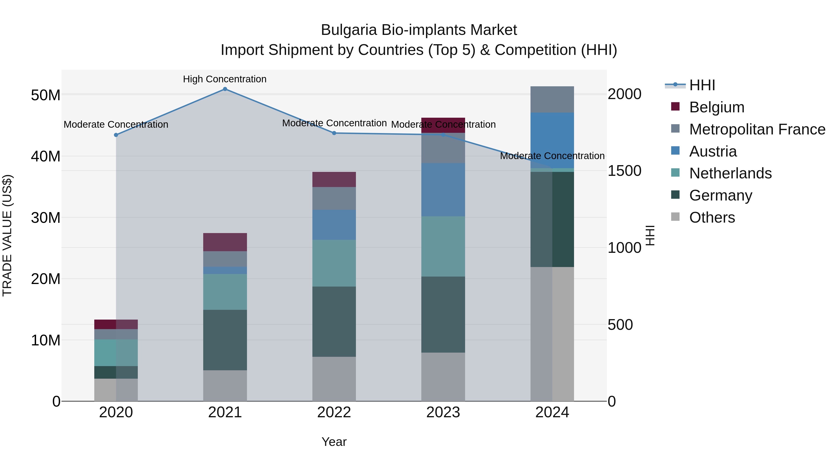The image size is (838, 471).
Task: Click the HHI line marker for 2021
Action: tap(225, 89)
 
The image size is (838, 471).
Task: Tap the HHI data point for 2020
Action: tap(116, 135)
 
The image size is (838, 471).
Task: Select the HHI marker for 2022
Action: tap(334, 133)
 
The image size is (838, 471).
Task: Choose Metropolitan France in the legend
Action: tap(757, 129)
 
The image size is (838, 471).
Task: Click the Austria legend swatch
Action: tap(675, 151)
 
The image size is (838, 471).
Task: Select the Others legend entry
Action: tap(712, 217)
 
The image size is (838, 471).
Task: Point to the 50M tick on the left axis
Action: tap(46, 95)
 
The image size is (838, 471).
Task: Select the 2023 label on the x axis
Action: tap(443, 412)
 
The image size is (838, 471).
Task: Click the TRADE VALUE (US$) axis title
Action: tap(7, 235)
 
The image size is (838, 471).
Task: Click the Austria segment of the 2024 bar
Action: tap(552, 140)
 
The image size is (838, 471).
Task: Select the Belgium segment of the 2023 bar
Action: tap(443, 125)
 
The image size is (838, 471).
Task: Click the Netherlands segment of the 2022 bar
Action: tap(334, 263)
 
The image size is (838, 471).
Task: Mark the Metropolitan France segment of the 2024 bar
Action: tap(552, 100)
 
